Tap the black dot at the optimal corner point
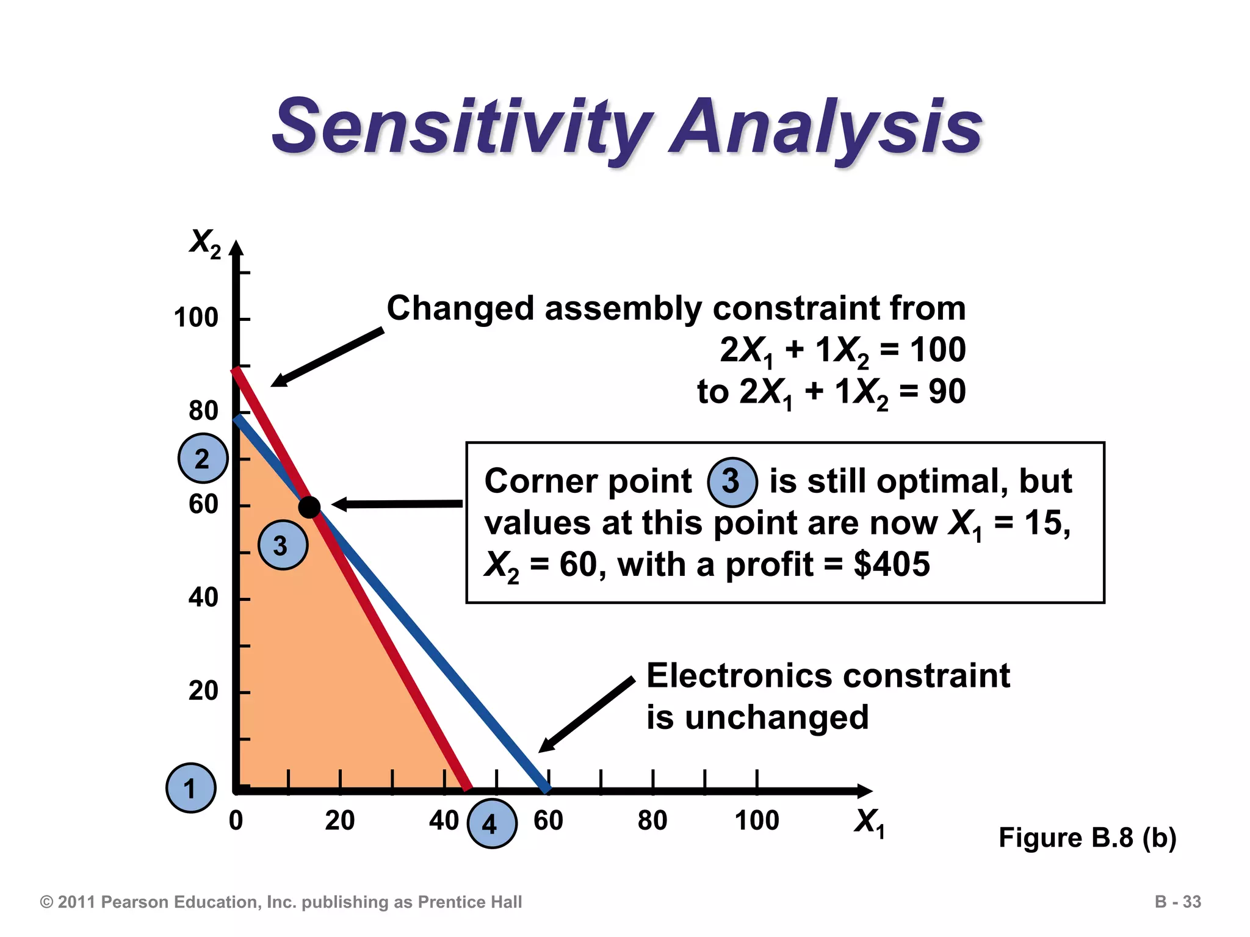[x=309, y=506]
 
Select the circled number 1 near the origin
[x=191, y=788]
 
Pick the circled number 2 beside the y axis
[x=203, y=458]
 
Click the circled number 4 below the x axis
[x=492, y=824]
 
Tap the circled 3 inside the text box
[x=732, y=482]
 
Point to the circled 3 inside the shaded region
[x=283, y=545]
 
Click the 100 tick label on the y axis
[x=195, y=318]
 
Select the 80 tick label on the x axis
[x=652, y=820]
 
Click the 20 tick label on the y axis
[x=203, y=691]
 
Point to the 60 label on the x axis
[x=548, y=820]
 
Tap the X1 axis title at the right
[x=869, y=822]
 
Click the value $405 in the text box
[x=892, y=564]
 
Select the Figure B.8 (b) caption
[x=1087, y=838]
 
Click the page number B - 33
[x=1177, y=902]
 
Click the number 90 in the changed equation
[x=947, y=392]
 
